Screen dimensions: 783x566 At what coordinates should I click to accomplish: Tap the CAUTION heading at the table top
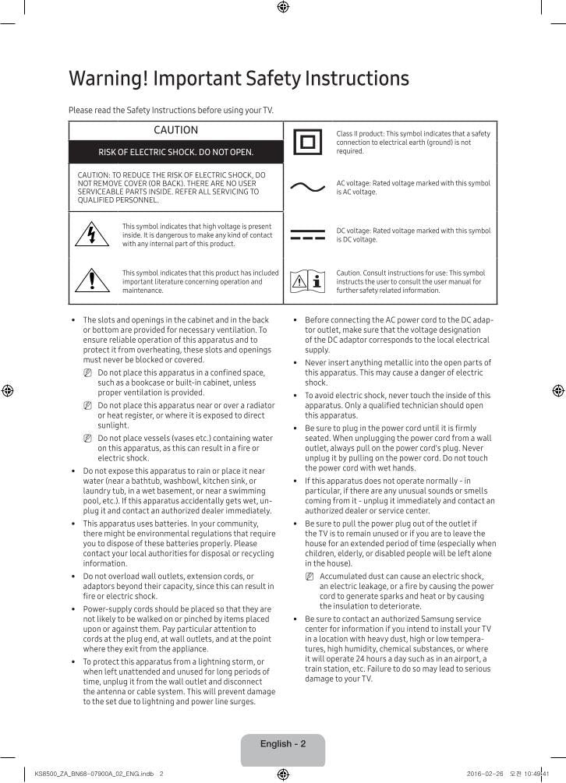(175, 130)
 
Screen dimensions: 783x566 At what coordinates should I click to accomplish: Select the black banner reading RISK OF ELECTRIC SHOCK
(175, 152)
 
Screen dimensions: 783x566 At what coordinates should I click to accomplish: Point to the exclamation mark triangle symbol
(92, 280)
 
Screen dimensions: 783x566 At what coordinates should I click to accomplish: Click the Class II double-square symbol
(307, 143)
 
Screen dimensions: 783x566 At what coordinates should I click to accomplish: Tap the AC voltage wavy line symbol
(307, 188)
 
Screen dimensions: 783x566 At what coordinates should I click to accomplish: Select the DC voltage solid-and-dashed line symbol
(307, 235)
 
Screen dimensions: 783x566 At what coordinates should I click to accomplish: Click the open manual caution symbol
(307, 281)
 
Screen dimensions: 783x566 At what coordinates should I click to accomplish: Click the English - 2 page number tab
(283, 744)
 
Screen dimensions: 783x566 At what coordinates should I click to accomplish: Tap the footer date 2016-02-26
(484, 774)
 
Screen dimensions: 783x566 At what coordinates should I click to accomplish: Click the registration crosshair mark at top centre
(283, 7)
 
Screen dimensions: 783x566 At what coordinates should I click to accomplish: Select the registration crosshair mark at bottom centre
(283, 775)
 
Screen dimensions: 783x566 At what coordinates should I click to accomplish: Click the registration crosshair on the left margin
(7, 390)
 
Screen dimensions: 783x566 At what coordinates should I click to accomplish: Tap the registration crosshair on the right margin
(558, 390)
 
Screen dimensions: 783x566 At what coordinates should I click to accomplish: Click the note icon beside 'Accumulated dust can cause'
(310, 577)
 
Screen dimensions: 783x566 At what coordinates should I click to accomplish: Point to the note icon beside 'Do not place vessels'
(88, 439)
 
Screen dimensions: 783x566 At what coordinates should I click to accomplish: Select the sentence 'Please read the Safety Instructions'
(171, 110)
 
